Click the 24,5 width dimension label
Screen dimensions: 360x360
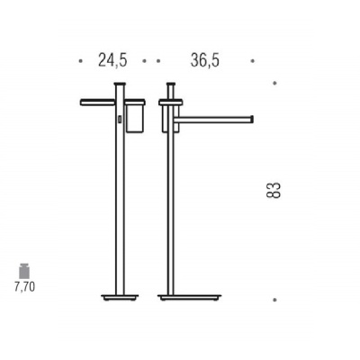coord(112,60)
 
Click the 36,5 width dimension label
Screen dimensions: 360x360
coord(205,60)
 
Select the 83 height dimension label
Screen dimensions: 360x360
coord(274,190)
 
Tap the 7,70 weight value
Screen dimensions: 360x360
coord(24,287)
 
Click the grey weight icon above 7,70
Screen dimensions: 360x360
coord(24,271)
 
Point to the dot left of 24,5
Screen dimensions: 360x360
coord(80,61)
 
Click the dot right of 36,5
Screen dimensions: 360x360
coord(253,61)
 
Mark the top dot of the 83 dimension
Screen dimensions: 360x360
coord(274,83)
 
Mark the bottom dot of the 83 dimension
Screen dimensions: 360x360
coord(274,300)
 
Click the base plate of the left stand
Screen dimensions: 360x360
coord(120,298)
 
